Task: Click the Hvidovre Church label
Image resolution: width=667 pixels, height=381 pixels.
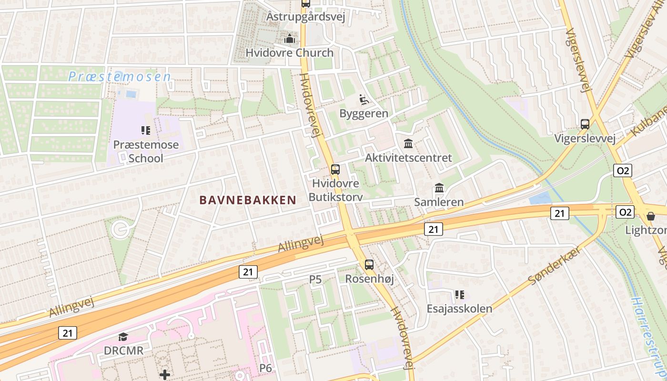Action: point(289,52)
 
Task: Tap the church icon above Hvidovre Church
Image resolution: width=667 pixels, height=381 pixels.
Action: point(289,39)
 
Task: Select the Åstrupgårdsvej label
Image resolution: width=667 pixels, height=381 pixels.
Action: point(305,17)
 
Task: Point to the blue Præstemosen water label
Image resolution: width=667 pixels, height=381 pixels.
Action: point(119,77)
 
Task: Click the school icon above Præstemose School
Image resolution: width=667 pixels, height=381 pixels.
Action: point(146,130)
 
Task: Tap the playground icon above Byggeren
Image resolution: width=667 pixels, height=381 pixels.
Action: point(364,100)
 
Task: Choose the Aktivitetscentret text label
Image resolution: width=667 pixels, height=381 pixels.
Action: point(408,158)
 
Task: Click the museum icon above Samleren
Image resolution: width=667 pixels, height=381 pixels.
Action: point(439,188)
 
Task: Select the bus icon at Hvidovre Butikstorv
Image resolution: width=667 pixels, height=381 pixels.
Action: point(335,169)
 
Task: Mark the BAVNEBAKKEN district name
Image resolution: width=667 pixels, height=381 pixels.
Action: point(248,200)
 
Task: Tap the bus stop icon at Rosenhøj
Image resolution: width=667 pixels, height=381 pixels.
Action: point(369,265)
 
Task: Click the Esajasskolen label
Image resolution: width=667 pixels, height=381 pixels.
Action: point(459,309)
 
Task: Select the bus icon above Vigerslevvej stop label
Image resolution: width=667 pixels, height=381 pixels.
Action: point(585,124)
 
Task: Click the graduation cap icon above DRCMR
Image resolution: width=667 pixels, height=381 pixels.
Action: point(123,337)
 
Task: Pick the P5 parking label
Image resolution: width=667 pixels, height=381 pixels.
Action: point(315,280)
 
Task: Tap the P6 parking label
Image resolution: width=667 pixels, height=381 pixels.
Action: point(265,368)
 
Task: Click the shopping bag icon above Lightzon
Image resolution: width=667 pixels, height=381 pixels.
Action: point(651,216)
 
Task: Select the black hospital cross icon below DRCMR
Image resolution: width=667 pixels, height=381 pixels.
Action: point(165,375)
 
